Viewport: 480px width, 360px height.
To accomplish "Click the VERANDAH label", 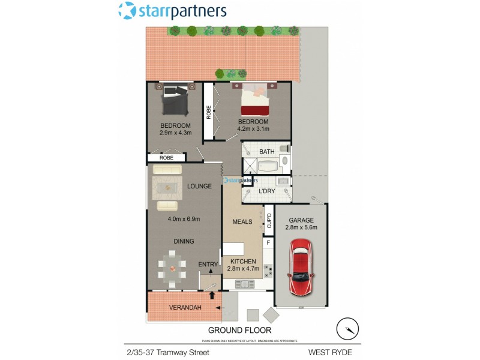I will coord(184,308).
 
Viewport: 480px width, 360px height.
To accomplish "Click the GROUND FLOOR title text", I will coord(239,330).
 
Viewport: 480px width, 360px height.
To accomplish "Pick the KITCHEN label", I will coord(242,262).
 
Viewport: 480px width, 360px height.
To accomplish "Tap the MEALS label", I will coord(242,221).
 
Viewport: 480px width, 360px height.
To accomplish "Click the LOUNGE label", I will coord(199,186).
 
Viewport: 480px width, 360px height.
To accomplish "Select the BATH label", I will coord(266,152).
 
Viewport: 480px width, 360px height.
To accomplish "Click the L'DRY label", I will coord(266,191).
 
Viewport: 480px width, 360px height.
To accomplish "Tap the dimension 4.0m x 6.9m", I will coord(184,219).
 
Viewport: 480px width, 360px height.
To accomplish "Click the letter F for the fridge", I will coord(268,243).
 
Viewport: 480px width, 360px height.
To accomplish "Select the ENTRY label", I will coord(208,265).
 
